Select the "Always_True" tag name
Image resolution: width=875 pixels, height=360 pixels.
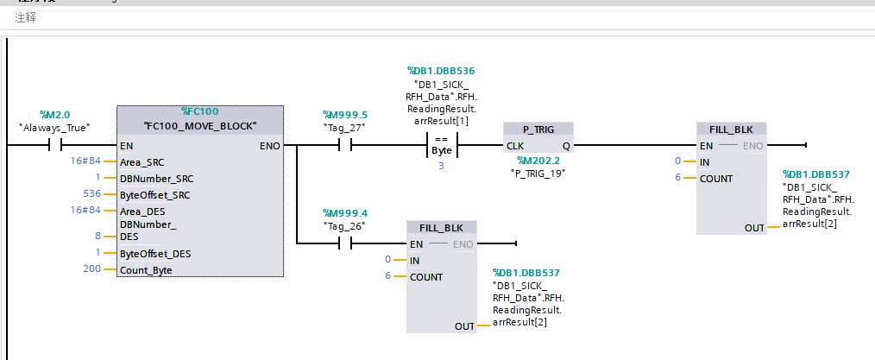coord(54,127)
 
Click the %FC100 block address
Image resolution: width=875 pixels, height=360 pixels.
coord(199,112)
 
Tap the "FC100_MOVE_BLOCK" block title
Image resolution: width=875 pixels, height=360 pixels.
coord(200,126)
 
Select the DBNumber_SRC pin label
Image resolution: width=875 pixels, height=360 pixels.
coord(157,178)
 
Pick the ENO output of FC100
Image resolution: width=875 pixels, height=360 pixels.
coord(268,146)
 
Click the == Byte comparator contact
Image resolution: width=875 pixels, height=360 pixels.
coord(441,146)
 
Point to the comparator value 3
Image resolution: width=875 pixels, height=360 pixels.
coord(441,165)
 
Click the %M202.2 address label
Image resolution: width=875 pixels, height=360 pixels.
coord(538,160)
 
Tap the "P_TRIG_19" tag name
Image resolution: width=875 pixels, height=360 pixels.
coord(538,173)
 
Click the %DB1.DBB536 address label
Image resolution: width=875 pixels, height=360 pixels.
coord(441,71)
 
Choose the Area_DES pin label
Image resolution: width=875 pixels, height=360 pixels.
coord(142,211)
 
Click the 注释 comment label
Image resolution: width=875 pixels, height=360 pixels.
coord(25,17)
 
